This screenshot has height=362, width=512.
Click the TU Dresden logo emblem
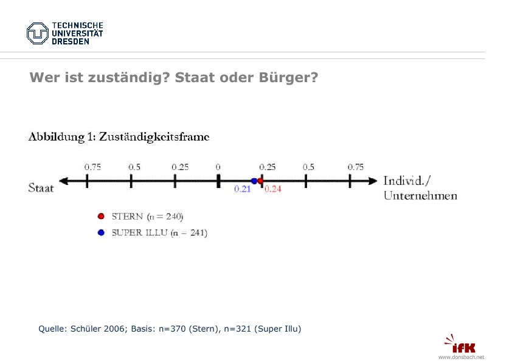click(38, 33)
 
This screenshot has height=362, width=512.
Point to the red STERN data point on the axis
click(260, 181)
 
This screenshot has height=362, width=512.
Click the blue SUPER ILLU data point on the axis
click(254, 181)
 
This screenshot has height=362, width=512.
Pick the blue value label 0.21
click(243, 189)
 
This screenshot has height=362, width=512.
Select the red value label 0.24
click(273, 189)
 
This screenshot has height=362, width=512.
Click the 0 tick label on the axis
click(218, 167)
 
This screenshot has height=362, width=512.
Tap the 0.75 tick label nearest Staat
click(92, 167)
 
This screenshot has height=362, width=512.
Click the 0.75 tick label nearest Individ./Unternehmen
click(356, 167)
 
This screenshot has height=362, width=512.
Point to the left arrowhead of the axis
click(64, 181)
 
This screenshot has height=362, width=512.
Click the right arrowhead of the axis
click(372, 181)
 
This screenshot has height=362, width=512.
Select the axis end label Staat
click(41, 187)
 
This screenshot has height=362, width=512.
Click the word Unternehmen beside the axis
click(420, 196)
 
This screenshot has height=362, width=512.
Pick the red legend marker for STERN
click(101, 216)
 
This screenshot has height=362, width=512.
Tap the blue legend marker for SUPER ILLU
click(101, 232)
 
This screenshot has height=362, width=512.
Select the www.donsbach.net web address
click(461, 357)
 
